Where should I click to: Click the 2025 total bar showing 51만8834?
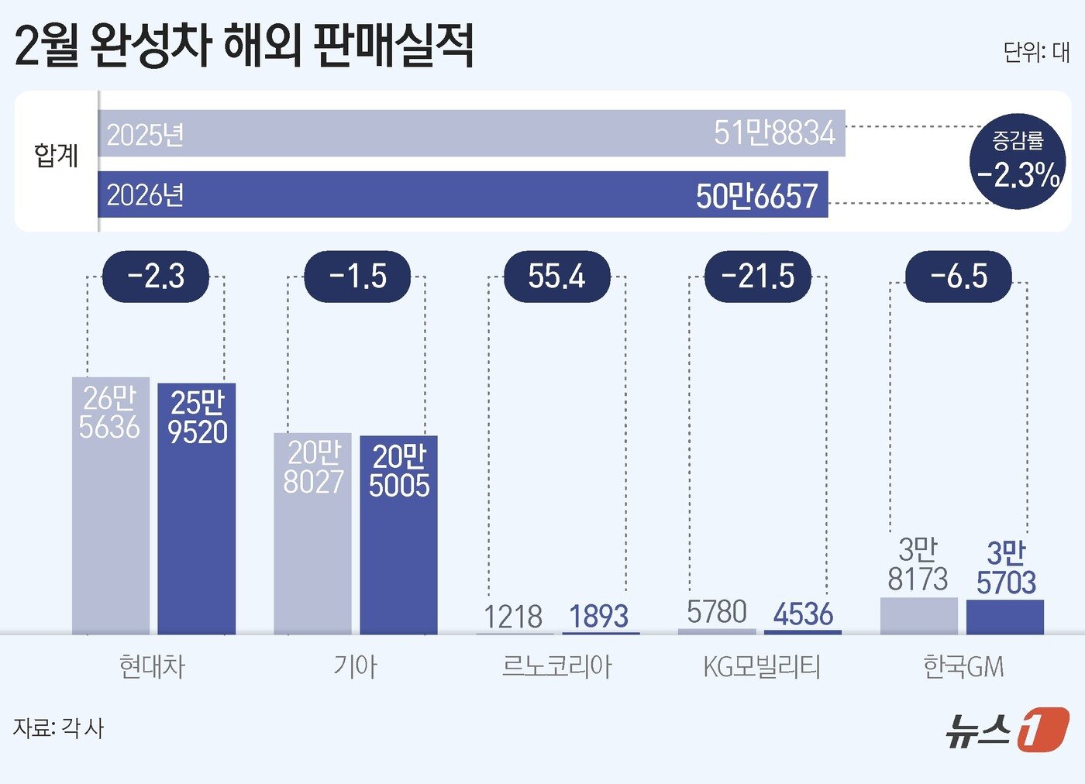tap(471, 133)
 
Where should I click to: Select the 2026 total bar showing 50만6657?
tap(463, 194)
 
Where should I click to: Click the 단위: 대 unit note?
tap(1036, 52)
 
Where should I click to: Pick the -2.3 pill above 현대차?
tap(156, 277)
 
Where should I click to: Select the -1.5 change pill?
tap(357, 277)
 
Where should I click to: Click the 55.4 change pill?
tap(556, 277)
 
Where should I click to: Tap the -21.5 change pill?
tap(757, 277)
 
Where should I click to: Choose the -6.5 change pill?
tap(959, 277)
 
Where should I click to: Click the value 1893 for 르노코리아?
tap(598, 617)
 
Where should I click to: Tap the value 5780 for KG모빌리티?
tap(717, 612)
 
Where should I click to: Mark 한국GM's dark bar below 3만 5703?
tap(1005, 617)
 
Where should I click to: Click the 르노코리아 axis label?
tap(556, 666)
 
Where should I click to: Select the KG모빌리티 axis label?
tap(761, 666)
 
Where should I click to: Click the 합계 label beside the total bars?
tap(56, 156)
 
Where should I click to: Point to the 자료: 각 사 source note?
tap(58, 727)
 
